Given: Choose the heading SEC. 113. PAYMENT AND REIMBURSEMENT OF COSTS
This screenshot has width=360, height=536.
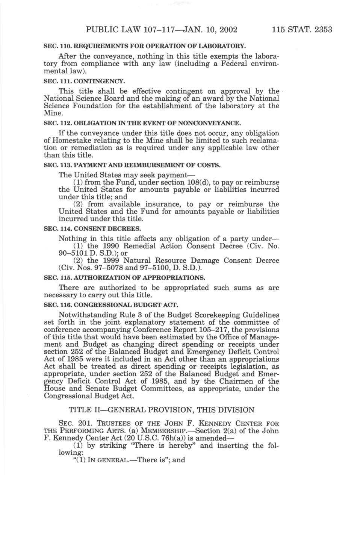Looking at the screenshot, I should [x=132, y=165].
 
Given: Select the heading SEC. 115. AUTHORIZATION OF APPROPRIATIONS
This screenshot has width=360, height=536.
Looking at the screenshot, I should [x=125, y=278].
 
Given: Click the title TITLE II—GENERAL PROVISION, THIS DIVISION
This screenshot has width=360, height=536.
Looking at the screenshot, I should [x=161, y=410].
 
